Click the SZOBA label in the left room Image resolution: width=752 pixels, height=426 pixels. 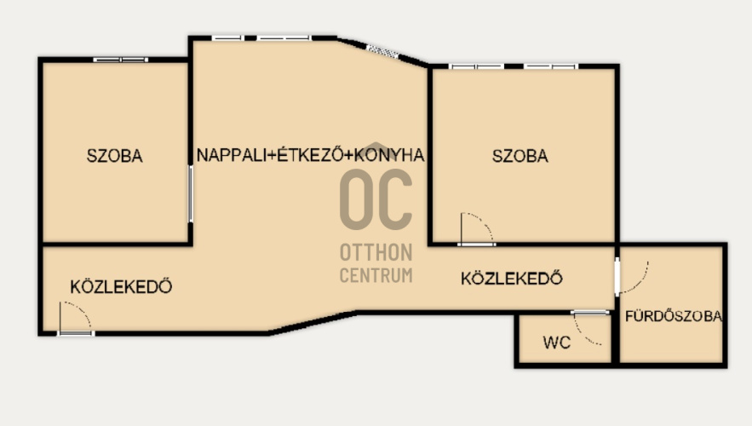115,156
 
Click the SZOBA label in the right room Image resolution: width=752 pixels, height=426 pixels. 520,156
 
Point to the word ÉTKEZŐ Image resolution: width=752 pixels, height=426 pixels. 310,154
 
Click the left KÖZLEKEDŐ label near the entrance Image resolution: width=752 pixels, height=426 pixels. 121,286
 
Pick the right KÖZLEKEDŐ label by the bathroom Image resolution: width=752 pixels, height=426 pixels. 512,278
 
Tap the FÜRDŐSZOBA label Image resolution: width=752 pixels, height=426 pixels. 674,315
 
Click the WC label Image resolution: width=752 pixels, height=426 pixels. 557,343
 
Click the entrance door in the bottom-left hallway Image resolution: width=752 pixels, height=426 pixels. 75,318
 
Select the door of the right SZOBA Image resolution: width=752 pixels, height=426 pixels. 477,229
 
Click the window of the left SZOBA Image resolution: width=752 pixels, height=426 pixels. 121,60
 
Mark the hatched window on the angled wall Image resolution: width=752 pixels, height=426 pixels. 382,51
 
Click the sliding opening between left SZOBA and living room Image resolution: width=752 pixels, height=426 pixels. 191,193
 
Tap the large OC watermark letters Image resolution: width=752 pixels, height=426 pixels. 376,199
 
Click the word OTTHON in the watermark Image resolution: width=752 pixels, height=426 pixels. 376,252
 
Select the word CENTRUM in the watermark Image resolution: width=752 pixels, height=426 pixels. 376,275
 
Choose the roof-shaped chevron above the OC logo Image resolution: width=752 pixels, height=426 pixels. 376,146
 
